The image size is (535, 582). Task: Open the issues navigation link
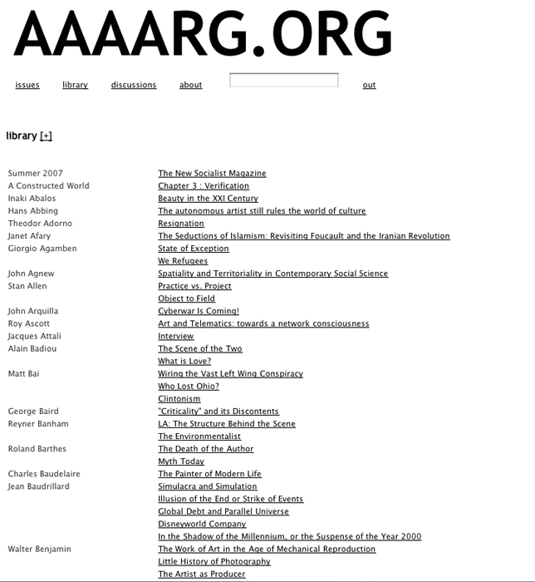tap(27, 85)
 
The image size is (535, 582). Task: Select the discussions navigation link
tap(134, 85)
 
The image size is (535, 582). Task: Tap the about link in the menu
tap(191, 85)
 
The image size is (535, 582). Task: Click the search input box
tap(284, 81)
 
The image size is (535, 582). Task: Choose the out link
tap(369, 85)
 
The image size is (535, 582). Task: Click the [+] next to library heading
tap(46, 136)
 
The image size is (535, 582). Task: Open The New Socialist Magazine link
tap(212, 174)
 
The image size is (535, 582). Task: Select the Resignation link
tap(181, 224)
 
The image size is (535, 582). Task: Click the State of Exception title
tap(194, 249)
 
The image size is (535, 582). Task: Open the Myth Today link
tap(181, 461)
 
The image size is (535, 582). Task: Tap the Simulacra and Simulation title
tap(208, 486)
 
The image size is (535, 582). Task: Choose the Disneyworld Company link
tap(202, 524)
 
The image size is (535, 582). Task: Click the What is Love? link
tap(184, 362)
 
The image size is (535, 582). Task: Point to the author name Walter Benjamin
tap(40, 549)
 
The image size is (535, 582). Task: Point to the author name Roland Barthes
tap(37, 449)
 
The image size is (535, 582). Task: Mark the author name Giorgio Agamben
tap(42, 249)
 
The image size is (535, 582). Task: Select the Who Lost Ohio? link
tap(189, 387)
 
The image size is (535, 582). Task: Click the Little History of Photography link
tap(214, 561)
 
